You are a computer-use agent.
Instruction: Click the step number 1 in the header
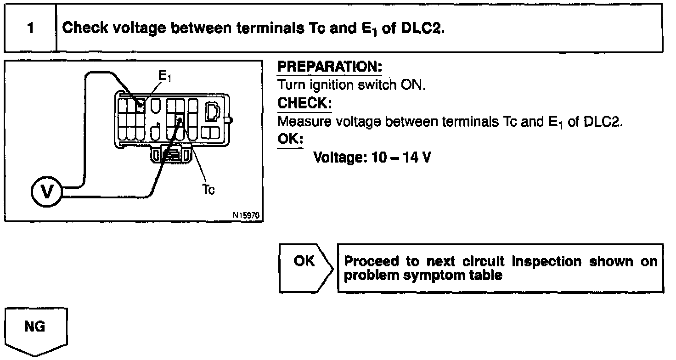click(30, 28)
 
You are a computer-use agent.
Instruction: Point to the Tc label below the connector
click(208, 190)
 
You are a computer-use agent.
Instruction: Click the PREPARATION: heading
click(330, 67)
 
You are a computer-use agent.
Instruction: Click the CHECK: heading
click(304, 103)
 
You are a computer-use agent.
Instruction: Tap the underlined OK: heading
click(290, 139)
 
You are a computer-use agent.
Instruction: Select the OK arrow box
click(305, 268)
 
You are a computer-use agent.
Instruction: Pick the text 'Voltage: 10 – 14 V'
click(372, 158)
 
